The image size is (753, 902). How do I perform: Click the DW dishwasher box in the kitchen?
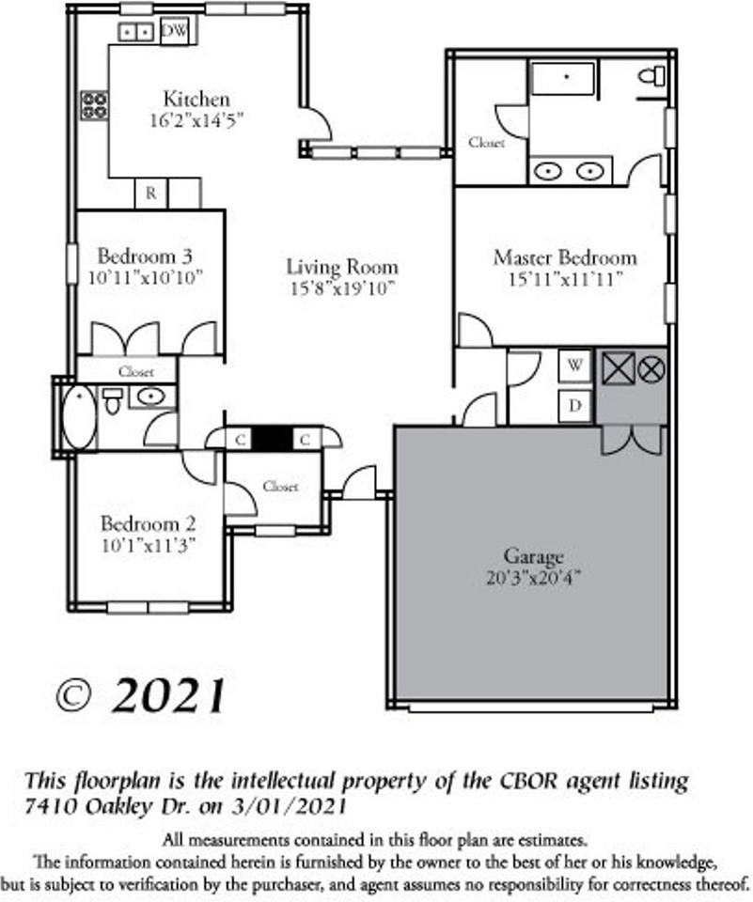173,31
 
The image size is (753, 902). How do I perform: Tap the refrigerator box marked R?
150,194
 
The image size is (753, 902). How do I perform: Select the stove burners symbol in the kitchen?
93,104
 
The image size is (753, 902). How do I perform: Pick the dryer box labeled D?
574,407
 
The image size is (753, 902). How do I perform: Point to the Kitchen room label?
196,99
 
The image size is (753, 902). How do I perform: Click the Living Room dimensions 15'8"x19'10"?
341,288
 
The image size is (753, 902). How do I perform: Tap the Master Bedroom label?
564,257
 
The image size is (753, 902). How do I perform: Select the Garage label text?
534,556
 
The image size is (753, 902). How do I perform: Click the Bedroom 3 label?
146,256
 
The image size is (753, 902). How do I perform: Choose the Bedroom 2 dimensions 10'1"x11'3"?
149,544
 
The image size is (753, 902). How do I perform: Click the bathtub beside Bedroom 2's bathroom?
79,416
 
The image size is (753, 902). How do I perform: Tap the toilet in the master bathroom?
651,76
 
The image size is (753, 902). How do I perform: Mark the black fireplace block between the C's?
275,439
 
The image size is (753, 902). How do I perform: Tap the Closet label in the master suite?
486,143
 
